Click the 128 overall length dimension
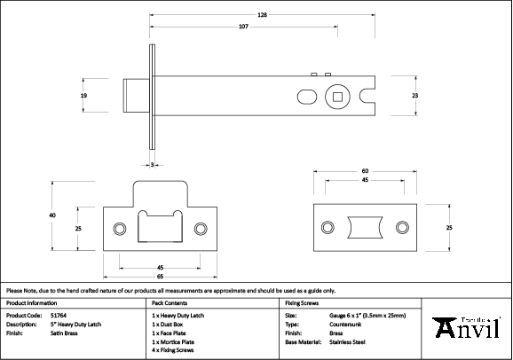point(264,15)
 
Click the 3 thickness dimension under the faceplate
point(153,165)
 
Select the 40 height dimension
point(52,215)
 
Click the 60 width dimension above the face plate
point(365,170)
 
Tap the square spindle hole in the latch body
point(337,94)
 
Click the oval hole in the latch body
point(304,95)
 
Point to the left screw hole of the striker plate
point(119,226)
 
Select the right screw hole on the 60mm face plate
point(402,227)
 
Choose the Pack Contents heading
point(165,302)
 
